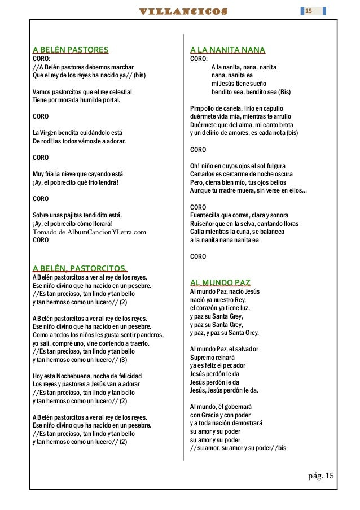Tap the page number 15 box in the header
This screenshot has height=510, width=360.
(309, 11)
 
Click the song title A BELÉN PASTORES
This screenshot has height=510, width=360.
(71, 50)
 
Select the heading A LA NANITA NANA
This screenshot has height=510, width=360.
(228, 50)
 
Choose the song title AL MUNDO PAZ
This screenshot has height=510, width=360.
(221, 282)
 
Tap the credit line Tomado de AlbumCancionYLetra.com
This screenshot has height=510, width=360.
(90, 232)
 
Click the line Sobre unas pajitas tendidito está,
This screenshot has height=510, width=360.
(77, 215)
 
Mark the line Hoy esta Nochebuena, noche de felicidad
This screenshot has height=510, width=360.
(87, 376)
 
